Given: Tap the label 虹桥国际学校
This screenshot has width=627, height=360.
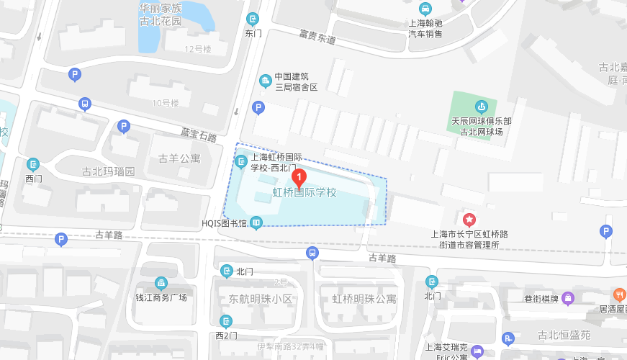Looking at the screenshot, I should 305,193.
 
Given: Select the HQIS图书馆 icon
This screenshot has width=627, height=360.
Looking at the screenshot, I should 256,223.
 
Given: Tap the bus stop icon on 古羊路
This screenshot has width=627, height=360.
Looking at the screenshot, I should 312,253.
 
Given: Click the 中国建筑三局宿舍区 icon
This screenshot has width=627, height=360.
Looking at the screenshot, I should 265,78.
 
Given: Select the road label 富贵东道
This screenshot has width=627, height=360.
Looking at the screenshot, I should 317,36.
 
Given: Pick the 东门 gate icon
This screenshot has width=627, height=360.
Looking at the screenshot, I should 253,19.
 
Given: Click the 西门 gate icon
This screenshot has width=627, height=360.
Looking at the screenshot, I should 33,164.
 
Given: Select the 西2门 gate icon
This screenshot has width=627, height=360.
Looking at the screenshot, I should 226,321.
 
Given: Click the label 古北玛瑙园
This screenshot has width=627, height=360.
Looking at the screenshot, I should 108,172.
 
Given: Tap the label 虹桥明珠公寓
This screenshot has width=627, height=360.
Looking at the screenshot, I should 364,299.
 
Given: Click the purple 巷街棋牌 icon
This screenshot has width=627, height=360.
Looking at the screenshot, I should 567,297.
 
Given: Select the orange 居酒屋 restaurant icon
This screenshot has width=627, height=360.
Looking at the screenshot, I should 618,294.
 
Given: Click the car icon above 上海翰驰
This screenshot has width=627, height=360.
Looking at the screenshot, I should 425,9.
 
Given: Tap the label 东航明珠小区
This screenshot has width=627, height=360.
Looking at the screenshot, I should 261,299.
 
